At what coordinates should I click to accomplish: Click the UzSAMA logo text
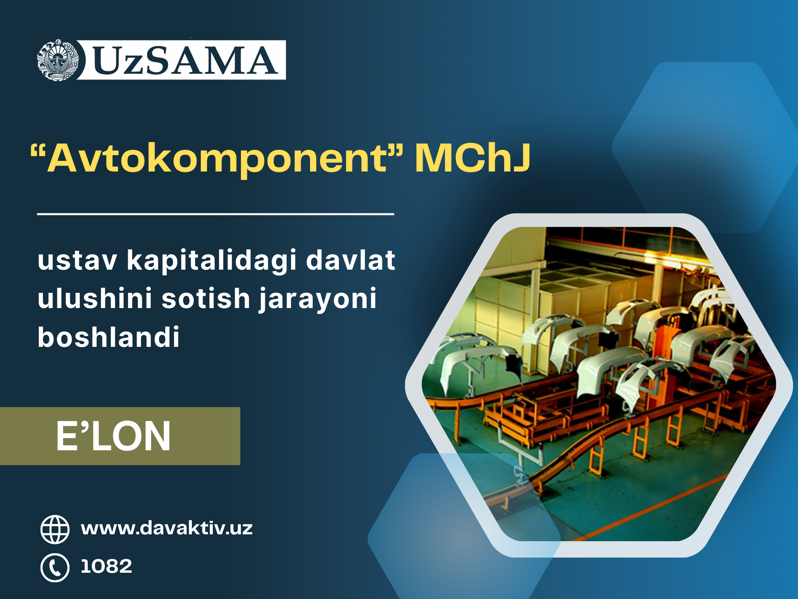pos(185,60)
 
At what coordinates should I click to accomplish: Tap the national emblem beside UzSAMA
pos(58,60)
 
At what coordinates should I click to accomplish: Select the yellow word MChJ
pos(472,157)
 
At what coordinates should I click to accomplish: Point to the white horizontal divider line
pos(215,214)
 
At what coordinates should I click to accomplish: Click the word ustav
pos(78,261)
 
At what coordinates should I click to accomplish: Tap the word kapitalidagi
pos(211,261)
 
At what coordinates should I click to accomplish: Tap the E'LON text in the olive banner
pos(113,436)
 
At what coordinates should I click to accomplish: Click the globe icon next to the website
pos(55,529)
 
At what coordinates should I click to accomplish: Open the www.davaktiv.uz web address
pos(167,528)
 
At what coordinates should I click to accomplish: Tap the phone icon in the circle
pos(55,568)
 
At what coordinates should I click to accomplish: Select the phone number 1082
pos(106,566)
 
